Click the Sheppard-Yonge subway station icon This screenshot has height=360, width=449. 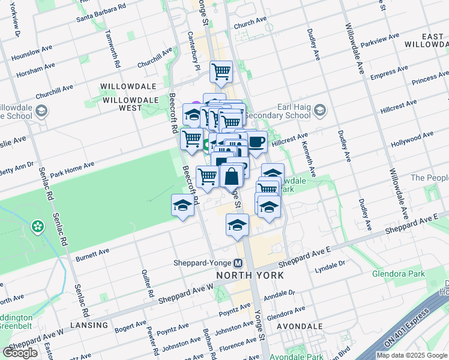[x=238, y=263]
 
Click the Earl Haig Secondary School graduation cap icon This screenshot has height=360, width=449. [x=320, y=110]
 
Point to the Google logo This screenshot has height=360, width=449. [x=20, y=352]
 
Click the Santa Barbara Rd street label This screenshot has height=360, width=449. [x=101, y=14]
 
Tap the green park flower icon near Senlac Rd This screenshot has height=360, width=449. [x=38, y=227]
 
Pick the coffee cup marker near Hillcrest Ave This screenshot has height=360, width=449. [x=256, y=142]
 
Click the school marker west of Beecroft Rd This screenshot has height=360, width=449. [x=182, y=206]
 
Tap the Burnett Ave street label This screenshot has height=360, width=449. [x=92, y=254]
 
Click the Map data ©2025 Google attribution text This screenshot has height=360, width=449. [x=411, y=355]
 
